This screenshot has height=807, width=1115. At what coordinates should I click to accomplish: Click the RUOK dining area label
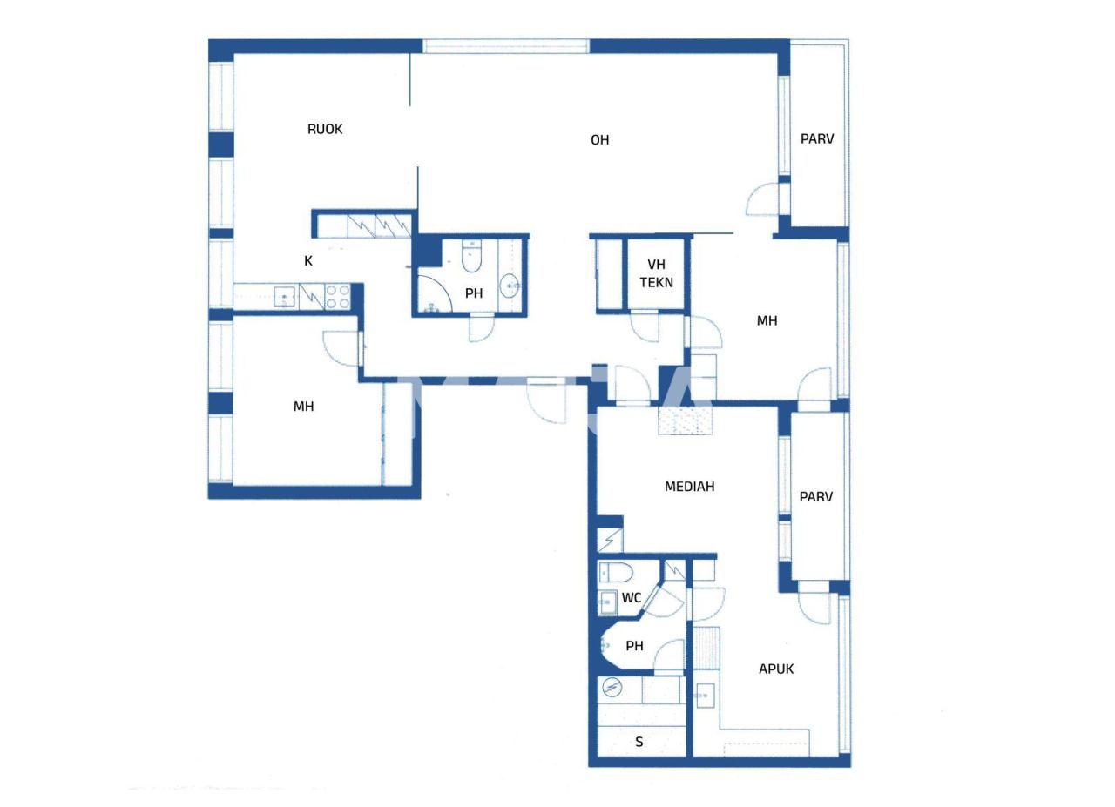point(325,129)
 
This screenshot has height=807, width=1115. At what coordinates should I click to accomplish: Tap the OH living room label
point(599,139)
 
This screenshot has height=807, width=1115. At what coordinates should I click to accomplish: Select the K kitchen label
point(307,260)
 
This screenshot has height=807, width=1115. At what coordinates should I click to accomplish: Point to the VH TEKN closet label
point(656,273)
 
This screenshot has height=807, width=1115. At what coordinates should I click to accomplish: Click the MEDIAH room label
point(689,487)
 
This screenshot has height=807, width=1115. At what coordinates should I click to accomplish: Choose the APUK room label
point(775,669)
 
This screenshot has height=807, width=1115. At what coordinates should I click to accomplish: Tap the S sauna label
point(639,742)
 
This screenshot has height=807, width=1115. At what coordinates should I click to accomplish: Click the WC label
point(632,598)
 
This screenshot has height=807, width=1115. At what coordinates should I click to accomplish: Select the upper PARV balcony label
point(817,138)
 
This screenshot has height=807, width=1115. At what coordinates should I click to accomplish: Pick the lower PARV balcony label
point(816,497)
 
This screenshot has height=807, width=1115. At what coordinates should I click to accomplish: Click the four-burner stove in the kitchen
point(338,297)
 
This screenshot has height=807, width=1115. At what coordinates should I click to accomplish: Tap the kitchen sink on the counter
point(284,297)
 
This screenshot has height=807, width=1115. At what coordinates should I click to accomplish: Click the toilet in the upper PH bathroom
point(471,257)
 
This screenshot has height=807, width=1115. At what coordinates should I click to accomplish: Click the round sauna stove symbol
point(612,689)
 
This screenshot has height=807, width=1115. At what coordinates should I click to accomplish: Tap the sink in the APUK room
point(704,695)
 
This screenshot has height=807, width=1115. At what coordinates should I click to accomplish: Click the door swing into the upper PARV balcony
point(763,201)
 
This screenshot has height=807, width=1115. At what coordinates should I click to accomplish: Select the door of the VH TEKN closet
point(645,327)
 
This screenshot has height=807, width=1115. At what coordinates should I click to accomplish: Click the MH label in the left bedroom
point(303,407)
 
